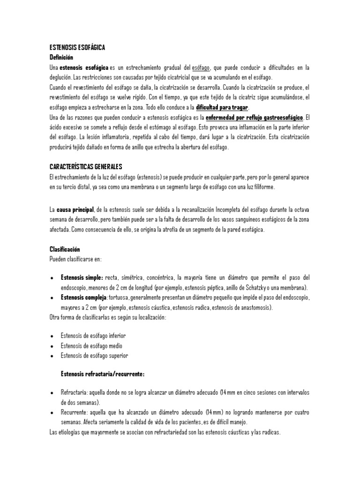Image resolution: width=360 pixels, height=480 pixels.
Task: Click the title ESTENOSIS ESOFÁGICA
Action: [x=77, y=48]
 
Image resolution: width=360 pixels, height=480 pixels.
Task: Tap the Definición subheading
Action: [x=61, y=57]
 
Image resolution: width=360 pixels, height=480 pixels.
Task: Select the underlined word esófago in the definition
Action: [x=201, y=68]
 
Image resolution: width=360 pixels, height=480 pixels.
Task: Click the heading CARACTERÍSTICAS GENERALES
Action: [x=85, y=167]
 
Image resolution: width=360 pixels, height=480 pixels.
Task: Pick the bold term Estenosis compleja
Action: [x=83, y=298]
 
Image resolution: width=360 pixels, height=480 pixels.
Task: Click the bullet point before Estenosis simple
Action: [x=52, y=278]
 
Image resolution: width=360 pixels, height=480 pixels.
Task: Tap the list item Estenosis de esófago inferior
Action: [x=93, y=336]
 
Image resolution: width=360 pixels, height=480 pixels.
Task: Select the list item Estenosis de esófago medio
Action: [x=92, y=346]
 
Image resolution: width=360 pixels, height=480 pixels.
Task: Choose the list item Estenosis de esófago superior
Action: [x=94, y=356]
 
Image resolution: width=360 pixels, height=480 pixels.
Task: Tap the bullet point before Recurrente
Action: [x=52, y=412]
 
